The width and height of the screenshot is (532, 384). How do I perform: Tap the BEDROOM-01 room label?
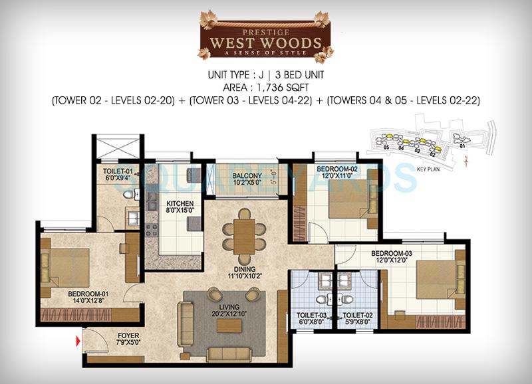coord(88,293)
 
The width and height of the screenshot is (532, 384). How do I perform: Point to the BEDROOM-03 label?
coord(392,253)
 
